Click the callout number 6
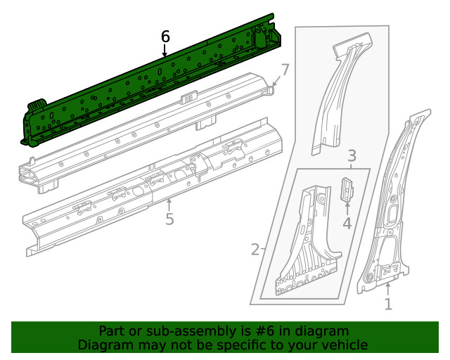(165, 36)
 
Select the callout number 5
(169, 219)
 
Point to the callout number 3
(352, 155)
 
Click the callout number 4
(347, 224)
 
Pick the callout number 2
(255, 249)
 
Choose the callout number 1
(387, 304)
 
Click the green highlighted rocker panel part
(148, 84)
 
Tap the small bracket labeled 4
(347, 189)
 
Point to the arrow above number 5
(169, 205)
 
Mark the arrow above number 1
(387, 288)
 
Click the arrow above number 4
(347, 208)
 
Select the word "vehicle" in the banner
(343, 345)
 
